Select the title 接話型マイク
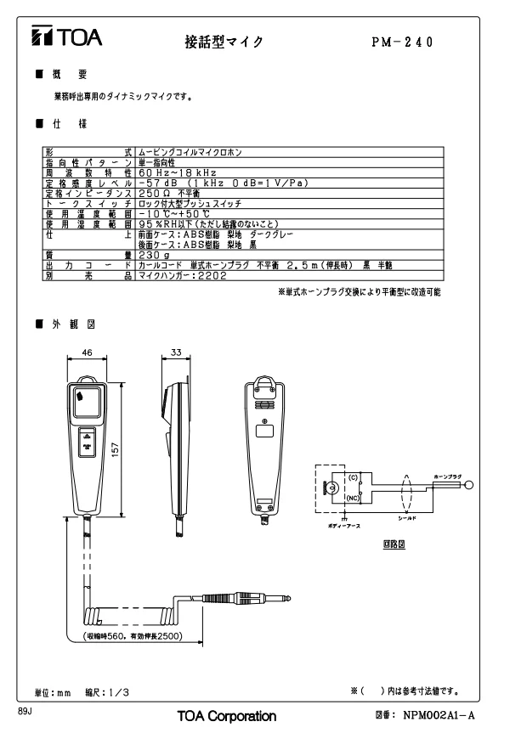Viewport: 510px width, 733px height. pos(224,41)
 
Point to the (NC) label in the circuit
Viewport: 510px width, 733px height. pos(351,499)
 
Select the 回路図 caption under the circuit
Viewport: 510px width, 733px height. pos(392,543)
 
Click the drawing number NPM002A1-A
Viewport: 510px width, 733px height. pos(439,716)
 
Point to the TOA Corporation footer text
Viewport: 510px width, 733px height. pos(226,716)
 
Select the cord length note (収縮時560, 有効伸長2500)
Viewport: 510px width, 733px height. pos(133,636)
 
